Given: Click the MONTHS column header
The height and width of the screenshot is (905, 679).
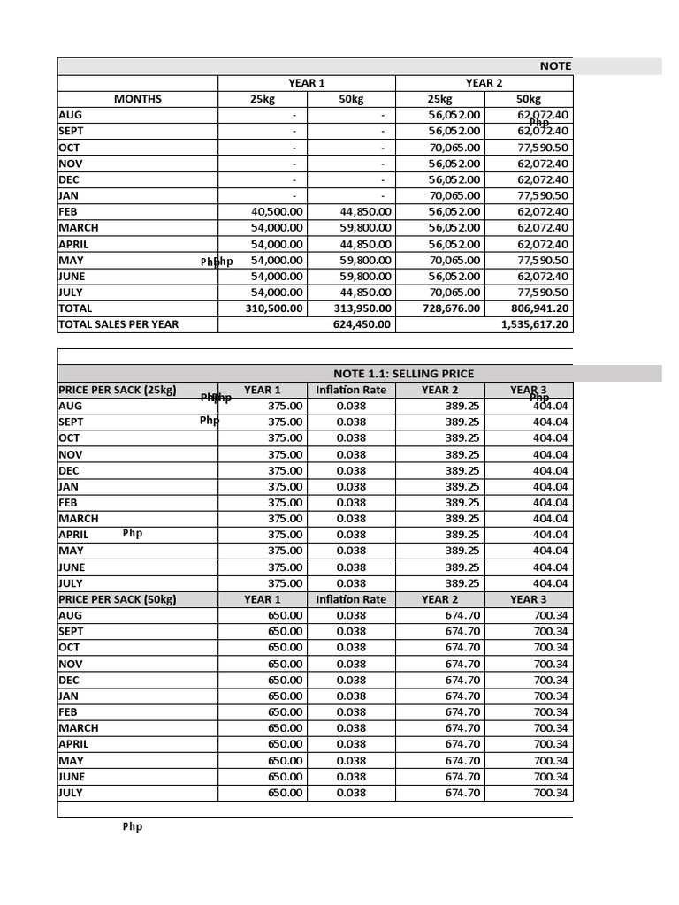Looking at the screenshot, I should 137,99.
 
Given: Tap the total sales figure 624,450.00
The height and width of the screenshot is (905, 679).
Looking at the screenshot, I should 362,324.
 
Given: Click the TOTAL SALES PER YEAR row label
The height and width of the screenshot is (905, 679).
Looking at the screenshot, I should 118,324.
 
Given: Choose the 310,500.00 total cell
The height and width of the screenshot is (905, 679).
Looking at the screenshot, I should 273,308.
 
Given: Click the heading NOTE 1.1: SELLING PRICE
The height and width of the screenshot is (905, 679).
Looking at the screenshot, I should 403,374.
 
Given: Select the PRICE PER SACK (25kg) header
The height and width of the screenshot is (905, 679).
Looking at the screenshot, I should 117,390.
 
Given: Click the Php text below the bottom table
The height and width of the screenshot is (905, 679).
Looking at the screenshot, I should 132,827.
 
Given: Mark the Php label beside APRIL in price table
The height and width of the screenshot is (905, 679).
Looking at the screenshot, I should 132,534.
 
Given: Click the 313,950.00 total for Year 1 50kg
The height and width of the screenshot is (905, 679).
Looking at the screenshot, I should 362,308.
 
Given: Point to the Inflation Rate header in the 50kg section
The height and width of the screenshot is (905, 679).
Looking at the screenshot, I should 351,599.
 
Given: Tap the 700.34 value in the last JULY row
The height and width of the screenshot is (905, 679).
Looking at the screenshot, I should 551,793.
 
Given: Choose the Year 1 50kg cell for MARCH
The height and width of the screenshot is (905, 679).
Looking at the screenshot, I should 365,228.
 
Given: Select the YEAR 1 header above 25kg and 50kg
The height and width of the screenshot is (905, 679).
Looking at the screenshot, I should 306,83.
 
